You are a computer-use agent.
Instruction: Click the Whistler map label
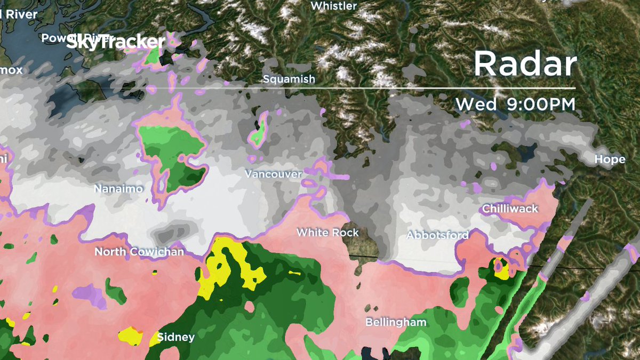333,6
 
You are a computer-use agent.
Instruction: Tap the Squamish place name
289,79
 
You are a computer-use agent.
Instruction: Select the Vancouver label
273,174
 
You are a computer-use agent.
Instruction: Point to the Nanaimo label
118,189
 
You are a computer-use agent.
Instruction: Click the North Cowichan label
139,252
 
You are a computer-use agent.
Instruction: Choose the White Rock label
327,233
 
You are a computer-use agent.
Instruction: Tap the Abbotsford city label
437,235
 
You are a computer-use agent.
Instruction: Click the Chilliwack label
510,209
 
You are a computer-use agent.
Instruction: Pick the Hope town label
610,159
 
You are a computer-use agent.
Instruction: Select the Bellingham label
396,322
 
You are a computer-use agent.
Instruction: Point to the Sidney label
176,337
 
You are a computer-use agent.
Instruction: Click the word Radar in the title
525,64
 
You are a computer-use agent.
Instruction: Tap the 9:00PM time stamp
538,105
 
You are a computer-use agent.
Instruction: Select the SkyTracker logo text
115,43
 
